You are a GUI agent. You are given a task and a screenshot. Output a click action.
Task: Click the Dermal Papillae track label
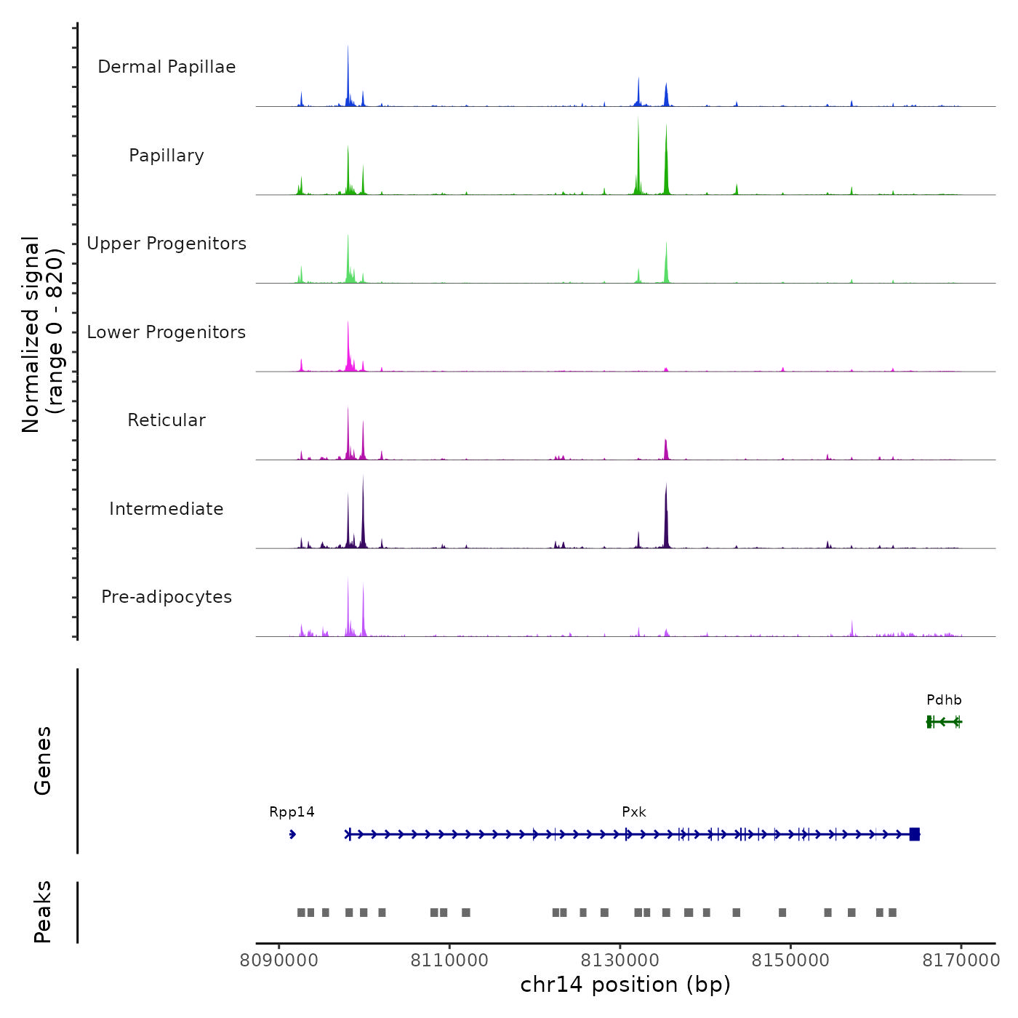tap(167, 67)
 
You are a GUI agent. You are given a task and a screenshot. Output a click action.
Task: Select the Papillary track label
tap(167, 156)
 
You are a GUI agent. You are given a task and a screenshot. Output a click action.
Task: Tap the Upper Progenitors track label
tap(167, 244)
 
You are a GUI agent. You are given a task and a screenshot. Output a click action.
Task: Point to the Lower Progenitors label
tap(167, 332)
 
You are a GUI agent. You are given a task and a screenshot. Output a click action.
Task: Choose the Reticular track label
tap(167, 420)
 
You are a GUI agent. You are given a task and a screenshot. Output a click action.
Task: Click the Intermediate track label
tap(167, 509)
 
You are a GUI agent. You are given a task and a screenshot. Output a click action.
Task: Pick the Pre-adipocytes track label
tap(167, 597)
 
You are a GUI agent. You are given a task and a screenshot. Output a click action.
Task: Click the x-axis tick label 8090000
tap(279, 961)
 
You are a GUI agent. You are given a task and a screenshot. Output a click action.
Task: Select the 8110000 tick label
tap(449, 961)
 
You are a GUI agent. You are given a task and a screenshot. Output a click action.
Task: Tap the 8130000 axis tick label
tap(620, 961)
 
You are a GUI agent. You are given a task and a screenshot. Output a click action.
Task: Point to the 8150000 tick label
tap(790, 961)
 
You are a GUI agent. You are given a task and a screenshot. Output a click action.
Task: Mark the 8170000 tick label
tap(961, 961)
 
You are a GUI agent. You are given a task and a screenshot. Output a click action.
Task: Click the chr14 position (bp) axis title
tap(625, 985)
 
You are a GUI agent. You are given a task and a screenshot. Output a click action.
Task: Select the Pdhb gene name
tap(944, 700)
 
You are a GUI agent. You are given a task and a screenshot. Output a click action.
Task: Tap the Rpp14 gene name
tap(292, 812)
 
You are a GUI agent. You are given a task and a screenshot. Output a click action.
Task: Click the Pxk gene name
tap(634, 812)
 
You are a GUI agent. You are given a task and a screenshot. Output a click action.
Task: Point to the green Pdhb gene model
tap(944, 721)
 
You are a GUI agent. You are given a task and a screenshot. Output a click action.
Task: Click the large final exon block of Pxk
tap(915, 834)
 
